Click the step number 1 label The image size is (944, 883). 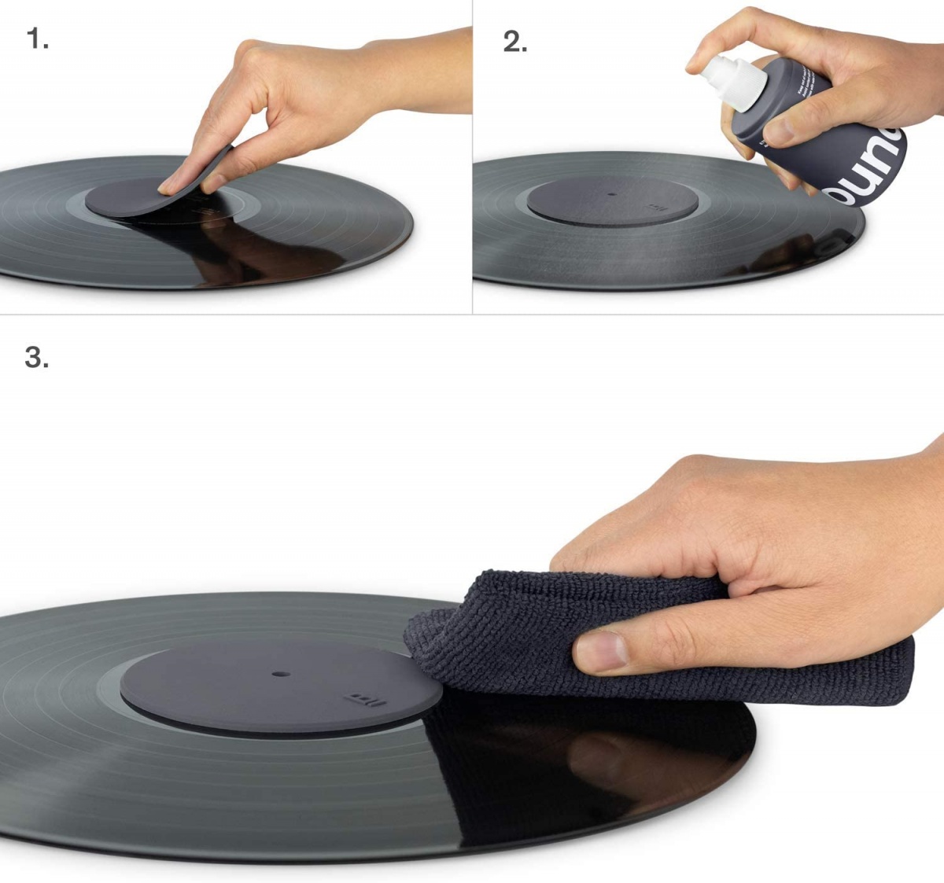37,39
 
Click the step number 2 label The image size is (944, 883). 515,42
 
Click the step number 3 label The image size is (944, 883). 37,357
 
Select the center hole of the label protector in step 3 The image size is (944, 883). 279,675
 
